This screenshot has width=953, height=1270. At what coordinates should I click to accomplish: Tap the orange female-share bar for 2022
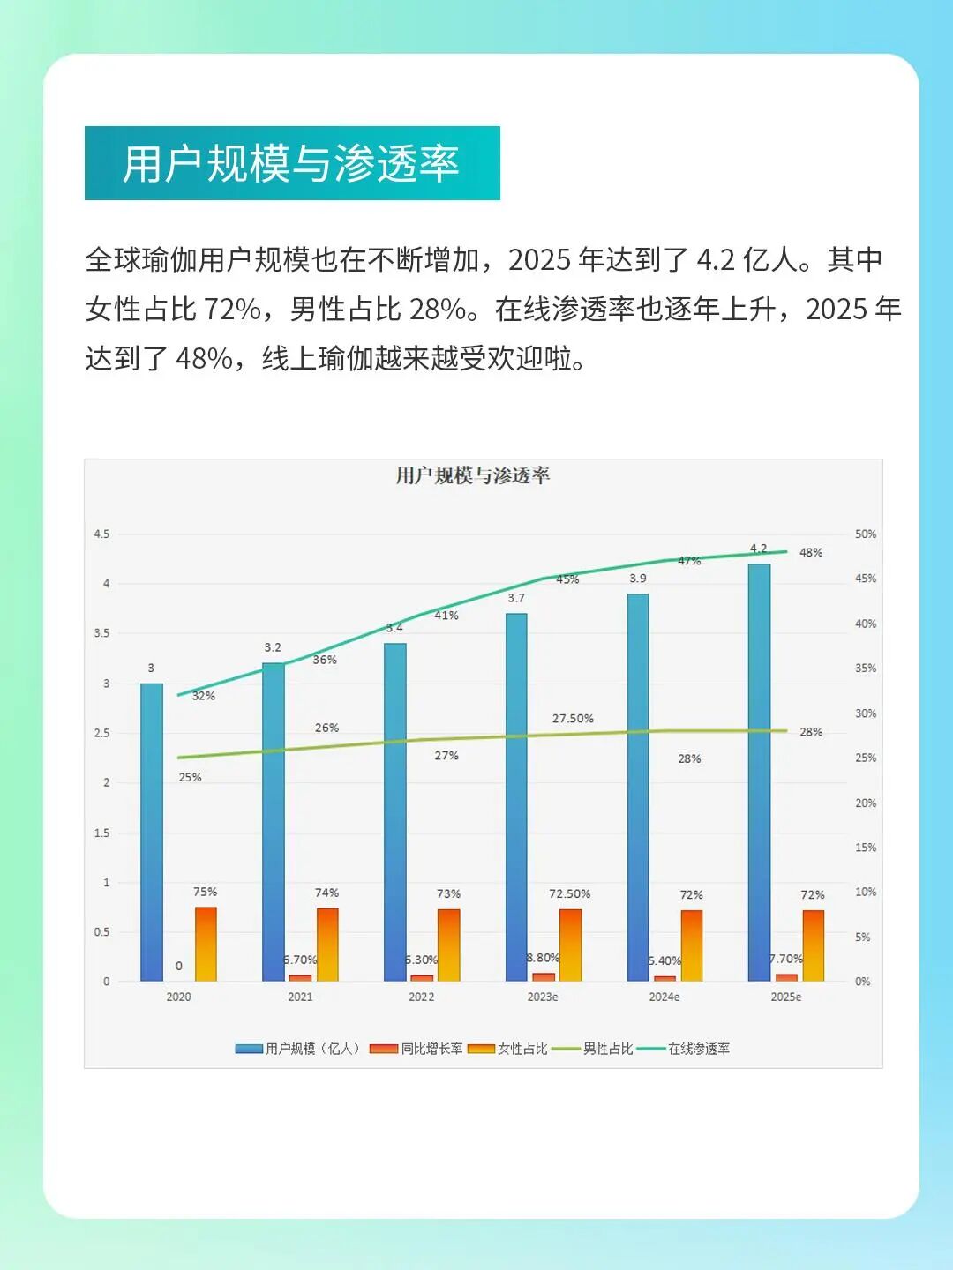(x=449, y=945)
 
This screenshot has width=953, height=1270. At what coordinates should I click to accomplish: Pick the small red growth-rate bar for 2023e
(x=544, y=976)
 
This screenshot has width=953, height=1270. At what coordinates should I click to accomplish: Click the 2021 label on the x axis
(x=300, y=997)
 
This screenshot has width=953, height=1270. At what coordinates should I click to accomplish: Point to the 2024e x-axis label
(x=664, y=997)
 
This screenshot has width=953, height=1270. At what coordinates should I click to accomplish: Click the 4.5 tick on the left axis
(x=102, y=534)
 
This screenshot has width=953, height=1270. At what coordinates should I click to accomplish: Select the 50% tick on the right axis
(x=865, y=534)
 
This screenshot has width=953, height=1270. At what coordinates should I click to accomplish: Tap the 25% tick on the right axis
(x=865, y=758)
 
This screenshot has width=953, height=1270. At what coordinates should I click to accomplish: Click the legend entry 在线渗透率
(x=698, y=1049)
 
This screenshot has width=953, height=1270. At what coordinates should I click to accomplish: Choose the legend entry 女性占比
(x=522, y=1049)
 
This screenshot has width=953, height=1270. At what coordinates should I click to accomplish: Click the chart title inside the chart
(x=473, y=476)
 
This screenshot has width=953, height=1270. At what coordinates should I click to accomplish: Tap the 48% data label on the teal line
(x=810, y=553)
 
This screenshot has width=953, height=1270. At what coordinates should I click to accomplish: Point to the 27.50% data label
(x=573, y=719)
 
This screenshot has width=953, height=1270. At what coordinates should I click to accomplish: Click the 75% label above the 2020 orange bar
(x=206, y=892)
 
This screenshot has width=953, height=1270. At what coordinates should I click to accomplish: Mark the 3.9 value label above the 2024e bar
(x=638, y=579)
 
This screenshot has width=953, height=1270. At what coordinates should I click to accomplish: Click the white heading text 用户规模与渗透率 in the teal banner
(x=291, y=164)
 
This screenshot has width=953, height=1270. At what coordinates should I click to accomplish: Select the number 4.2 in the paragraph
(x=716, y=260)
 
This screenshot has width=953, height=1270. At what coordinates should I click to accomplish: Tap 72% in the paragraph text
(x=232, y=310)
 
